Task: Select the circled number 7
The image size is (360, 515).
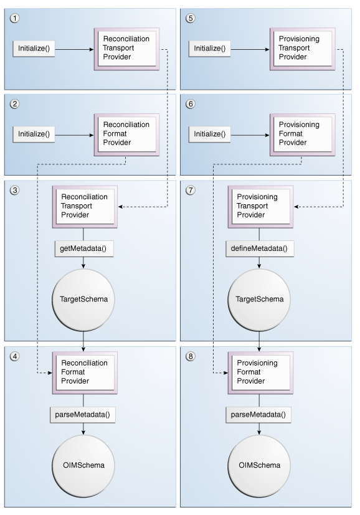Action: point(191,190)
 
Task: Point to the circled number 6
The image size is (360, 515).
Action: point(191,104)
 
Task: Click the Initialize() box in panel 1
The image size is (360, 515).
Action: point(34,49)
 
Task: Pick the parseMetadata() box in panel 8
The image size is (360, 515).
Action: point(259,414)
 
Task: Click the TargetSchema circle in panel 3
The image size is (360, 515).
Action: point(83,299)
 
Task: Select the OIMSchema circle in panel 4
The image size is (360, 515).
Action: point(83,465)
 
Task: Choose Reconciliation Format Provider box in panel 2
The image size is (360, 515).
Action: point(126,133)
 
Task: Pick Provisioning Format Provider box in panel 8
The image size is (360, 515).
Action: point(259,372)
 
